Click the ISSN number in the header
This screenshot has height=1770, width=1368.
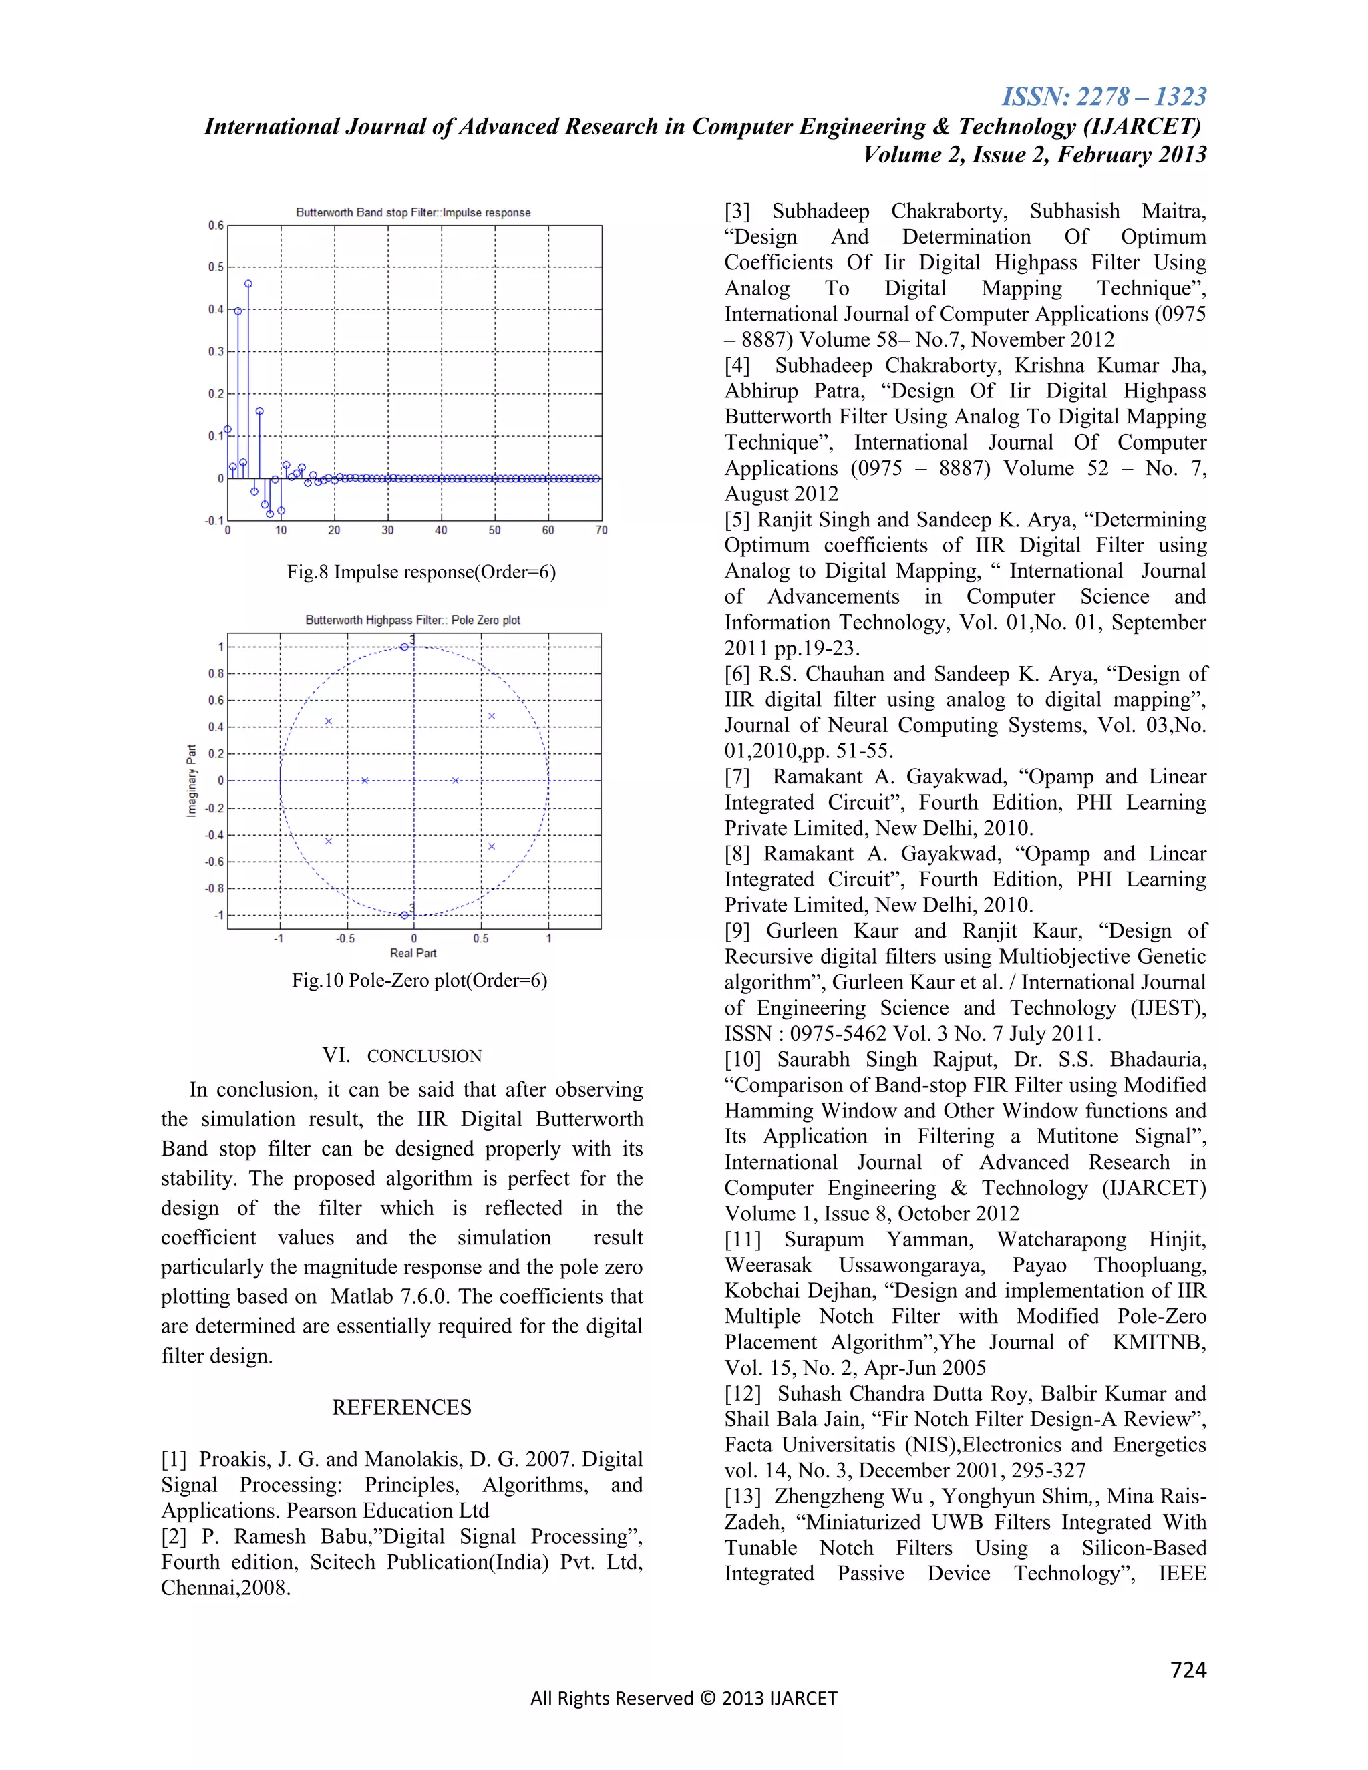[x=1103, y=96]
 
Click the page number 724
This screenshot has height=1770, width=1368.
[x=1188, y=1670]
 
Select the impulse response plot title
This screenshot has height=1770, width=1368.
[x=413, y=212]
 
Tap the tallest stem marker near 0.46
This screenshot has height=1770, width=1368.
[x=248, y=284]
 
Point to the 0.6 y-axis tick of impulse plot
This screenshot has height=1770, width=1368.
[x=216, y=225]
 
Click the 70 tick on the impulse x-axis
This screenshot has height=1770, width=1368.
[x=601, y=530]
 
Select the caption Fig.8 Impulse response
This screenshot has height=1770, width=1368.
[x=421, y=572]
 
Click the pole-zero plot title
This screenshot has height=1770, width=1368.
[x=413, y=620]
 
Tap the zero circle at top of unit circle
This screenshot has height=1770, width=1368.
[x=404, y=647]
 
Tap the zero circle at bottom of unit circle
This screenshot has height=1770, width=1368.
[x=404, y=916]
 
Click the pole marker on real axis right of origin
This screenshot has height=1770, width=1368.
[x=456, y=780]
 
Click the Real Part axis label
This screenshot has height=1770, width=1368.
[x=413, y=953]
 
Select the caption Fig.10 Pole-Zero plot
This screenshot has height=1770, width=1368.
[x=419, y=981]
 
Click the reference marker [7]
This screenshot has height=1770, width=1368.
[x=737, y=777]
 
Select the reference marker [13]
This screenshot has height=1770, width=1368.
[x=742, y=1496]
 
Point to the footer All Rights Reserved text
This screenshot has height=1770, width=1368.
[x=683, y=1698]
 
